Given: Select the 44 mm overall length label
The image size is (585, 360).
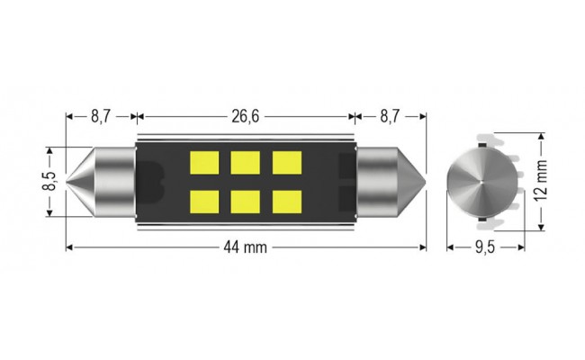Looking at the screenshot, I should (246, 248).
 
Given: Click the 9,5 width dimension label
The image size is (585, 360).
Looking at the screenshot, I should (486, 248).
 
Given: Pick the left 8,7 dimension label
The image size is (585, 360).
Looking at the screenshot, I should (101, 116).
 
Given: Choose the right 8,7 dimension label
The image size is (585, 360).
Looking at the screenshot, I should (391, 116).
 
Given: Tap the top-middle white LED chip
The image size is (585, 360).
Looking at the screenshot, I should (244, 163).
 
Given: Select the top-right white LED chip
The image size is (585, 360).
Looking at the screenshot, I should (286, 163).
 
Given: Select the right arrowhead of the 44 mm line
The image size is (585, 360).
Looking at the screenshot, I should (421, 248).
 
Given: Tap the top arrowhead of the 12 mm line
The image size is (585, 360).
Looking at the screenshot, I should (541, 138).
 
